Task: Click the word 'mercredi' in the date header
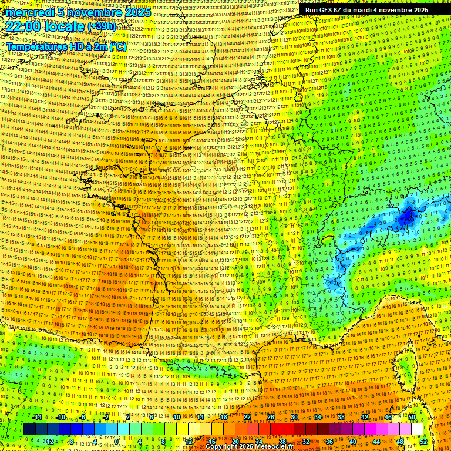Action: tap(27, 12)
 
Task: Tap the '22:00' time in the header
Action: tap(23, 26)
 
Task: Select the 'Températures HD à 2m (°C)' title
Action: tap(66, 46)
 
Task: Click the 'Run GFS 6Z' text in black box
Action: tap(325, 10)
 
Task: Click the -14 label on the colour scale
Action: tap(37, 417)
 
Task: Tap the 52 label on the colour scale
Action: tap(423, 442)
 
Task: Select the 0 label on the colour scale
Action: tap(117, 442)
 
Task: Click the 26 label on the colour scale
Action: tap(271, 417)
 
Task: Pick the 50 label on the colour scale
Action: tap(412, 417)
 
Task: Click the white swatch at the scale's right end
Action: tap(417, 429)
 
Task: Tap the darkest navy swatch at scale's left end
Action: tap(29, 429)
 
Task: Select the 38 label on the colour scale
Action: tap(341, 417)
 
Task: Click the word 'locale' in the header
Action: tap(63, 26)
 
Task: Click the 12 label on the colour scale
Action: tap(189, 442)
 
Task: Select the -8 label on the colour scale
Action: tap(71, 442)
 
